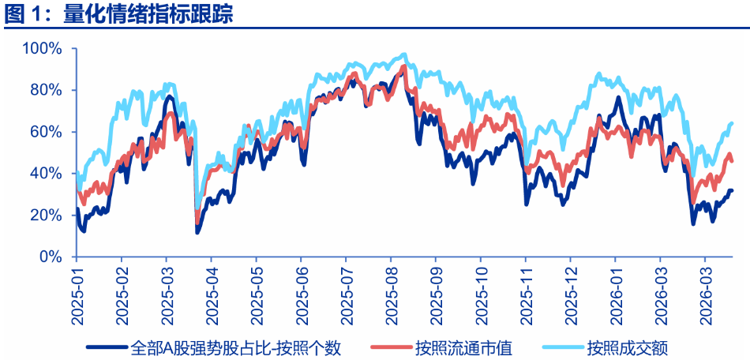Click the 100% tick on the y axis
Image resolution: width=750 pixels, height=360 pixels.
(x=42, y=48)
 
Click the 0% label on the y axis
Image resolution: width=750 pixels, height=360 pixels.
(x=50, y=257)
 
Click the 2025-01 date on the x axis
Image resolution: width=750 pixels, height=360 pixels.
(x=77, y=294)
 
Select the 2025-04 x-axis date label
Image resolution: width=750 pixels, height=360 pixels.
(x=211, y=294)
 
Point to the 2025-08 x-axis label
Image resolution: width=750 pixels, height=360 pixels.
(x=390, y=294)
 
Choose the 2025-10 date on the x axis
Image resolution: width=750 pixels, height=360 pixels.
(x=480, y=294)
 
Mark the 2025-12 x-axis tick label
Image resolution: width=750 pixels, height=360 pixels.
(x=570, y=294)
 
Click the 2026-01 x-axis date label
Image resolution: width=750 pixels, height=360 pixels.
(x=615, y=294)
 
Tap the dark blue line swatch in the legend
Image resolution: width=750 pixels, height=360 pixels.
(x=106, y=347)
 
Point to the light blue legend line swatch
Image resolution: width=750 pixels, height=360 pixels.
(x=562, y=347)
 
